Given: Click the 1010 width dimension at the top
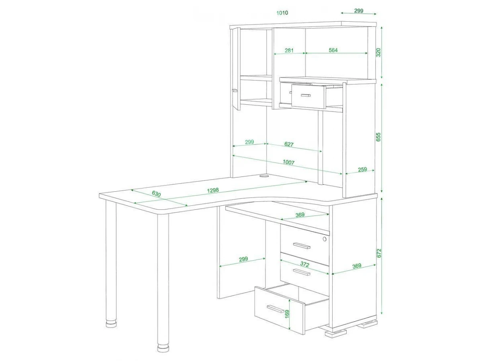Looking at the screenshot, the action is (282, 13).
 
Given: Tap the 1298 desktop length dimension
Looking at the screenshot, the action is (213, 190).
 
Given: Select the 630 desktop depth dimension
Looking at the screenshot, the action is (156, 194).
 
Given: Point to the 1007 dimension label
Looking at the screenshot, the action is (288, 162).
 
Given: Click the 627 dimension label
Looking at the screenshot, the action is (289, 144).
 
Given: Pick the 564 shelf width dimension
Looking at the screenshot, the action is (333, 50).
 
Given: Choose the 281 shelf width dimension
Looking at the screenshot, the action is (289, 51).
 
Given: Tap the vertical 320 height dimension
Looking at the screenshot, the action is (378, 52).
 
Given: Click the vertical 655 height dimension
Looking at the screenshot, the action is (378, 137).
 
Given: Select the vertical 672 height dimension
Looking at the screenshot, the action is (379, 253).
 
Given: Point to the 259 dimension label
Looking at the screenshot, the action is (362, 169).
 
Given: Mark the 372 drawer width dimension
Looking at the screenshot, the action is (305, 264).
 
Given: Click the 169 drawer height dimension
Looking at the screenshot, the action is (287, 314).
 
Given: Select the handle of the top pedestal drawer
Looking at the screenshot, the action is (302, 246).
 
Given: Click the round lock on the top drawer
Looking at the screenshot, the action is (325, 239).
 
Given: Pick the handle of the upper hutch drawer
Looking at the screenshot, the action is (306, 95).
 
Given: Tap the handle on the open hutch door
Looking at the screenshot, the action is (235, 90).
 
